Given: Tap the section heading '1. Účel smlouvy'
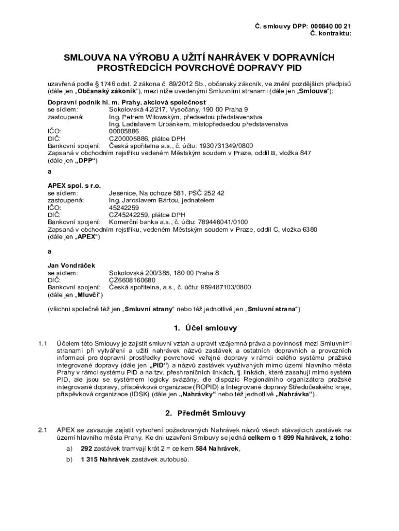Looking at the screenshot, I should pyautogui.click(x=205, y=328).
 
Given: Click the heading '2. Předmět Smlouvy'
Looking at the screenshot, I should pyautogui.click(x=205, y=413).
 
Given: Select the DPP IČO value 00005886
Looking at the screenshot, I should pyautogui.click(x=124, y=132).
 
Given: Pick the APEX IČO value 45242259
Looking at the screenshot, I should pyautogui.click(x=124, y=207).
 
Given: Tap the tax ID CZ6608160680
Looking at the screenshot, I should pyautogui.click(x=132, y=280).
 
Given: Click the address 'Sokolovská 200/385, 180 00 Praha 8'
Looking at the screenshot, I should pyautogui.click(x=164, y=272).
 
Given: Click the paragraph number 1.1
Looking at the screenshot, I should pyautogui.click(x=43, y=344).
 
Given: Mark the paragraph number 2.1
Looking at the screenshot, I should pyautogui.click(x=43, y=430).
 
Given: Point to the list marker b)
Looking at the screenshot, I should pyautogui.click(x=68, y=459).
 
